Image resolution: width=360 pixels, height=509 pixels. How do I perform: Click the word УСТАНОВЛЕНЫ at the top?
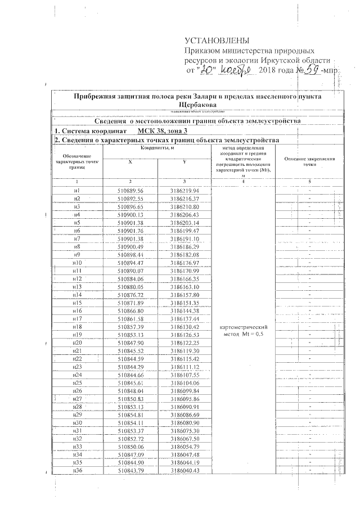(x=217, y=41)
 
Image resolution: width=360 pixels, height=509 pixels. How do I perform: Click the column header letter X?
(x=130, y=161)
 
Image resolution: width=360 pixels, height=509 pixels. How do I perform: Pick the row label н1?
(x=77, y=191)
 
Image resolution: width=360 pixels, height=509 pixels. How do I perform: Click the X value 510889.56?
(x=130, y=191)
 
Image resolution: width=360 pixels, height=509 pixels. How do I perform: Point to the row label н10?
(x=77, y=263)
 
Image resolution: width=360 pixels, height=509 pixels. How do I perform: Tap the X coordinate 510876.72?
(x=130, y=295)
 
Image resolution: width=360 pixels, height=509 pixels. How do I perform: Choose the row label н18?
(x=77, y=327)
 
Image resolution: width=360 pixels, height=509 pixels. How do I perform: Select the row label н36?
(x=77, y=470)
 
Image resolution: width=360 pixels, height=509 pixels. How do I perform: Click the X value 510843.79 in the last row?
(x=130, y=470)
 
